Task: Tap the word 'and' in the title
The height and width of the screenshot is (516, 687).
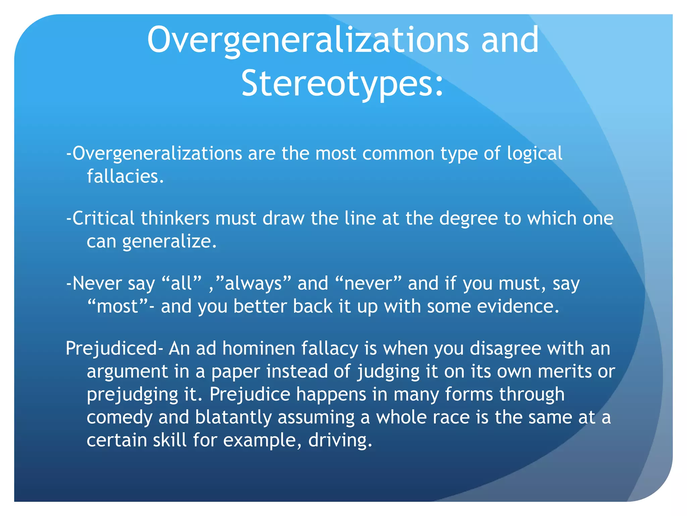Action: pos(510,40)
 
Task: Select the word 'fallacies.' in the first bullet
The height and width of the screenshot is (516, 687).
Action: pos(125,176)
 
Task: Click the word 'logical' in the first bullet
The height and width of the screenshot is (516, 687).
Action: pos(534,154)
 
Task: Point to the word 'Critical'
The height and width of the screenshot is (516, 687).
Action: pos(103,218)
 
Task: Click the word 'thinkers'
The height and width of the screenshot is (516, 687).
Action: pos(175,218)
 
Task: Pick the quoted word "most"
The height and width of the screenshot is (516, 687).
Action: pos(117,306)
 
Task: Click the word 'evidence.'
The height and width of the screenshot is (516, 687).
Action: pos(518,306)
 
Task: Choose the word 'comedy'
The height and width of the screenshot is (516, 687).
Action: pos(119,418)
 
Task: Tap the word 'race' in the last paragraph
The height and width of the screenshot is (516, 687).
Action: pos(451,418)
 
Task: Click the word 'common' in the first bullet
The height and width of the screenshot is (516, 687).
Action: pos(398,154)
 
